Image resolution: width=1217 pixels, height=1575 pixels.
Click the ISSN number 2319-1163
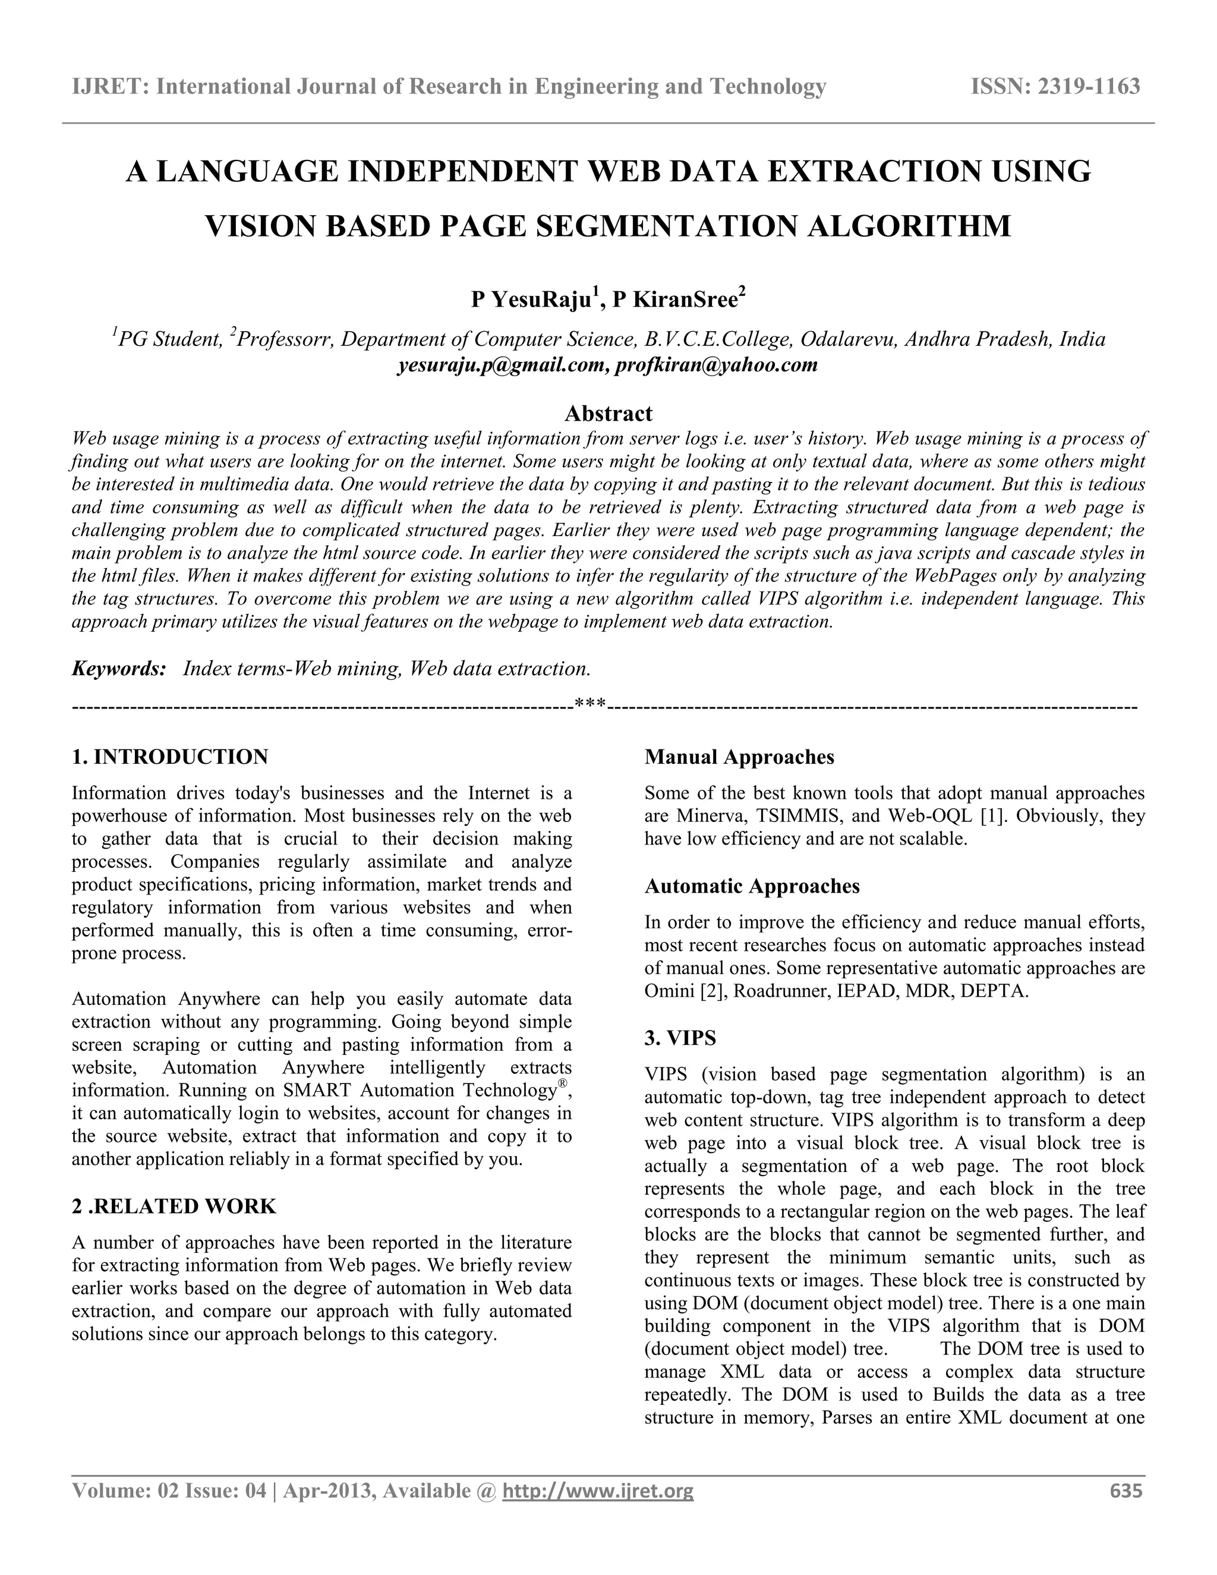[1088, 87]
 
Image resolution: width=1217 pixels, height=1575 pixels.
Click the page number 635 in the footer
[1126, 1491]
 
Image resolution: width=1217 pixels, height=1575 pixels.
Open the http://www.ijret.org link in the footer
[598, 1491]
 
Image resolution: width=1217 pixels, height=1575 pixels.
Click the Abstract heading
[608, 413]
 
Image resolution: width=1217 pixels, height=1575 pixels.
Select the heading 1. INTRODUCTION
[170, 757]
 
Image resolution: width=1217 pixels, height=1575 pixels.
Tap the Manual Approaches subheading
[739, 757]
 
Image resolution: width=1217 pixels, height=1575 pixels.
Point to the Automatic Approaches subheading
[752, 886]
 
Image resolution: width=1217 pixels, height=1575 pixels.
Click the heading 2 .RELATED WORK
[175, 1207]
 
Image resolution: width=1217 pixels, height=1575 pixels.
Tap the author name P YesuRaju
[531, 300]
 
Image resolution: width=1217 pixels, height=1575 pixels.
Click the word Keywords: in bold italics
[119, 669]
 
